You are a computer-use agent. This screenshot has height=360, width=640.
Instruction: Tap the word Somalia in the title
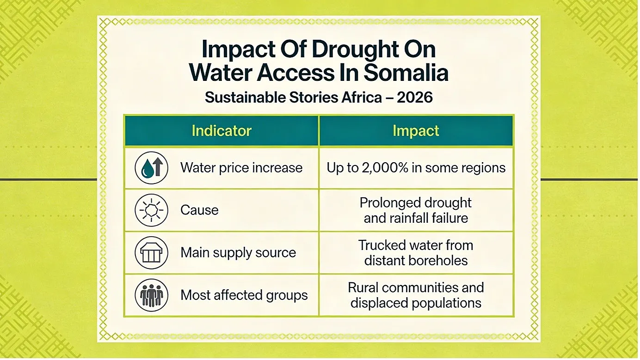coord(406,73)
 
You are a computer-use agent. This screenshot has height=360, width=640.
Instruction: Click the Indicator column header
coord(222,131)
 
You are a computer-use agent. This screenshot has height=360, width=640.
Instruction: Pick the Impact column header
coord(416,131)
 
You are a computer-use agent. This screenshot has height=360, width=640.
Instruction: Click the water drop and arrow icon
coord(151,168)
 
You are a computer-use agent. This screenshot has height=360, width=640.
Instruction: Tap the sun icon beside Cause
coord(151,210)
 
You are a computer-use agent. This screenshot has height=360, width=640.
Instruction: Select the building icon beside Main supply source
coord(151,253)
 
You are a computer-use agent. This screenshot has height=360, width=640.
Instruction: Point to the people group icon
coord(151,295)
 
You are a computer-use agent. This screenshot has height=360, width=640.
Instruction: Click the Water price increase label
coord(241,168)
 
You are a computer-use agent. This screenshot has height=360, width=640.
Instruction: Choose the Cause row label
coord(199,210)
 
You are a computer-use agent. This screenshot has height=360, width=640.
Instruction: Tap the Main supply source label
coord(238,253)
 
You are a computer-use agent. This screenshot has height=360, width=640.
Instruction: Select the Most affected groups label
coord(244,295)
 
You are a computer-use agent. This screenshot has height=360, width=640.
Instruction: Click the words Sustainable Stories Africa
coord(293,98)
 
